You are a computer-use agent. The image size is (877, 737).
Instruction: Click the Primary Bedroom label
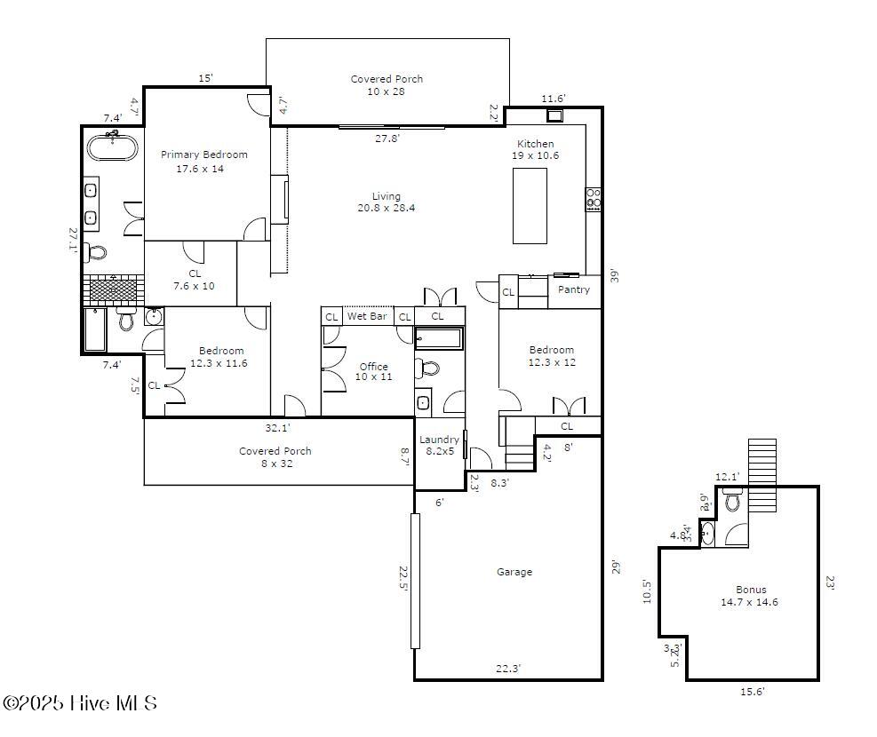coord(203,162)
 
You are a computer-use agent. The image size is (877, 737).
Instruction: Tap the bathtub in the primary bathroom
coord(111,147)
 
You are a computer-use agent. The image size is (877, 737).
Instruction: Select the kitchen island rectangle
coord(530,205)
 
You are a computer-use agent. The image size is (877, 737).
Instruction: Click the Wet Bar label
coord(367,316)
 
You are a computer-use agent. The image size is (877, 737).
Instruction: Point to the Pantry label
coord(574,289)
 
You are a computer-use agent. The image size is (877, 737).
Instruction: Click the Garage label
coord(514,572)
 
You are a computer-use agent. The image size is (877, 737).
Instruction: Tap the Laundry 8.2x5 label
coord(439,445)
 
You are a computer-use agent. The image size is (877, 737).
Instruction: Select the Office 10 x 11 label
coord(373,371)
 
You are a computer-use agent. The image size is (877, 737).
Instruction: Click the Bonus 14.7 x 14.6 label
coord(751,595)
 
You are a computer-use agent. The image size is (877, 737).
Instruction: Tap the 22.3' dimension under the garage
coord(508,669)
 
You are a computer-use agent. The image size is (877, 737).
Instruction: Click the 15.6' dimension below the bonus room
coord(752,692)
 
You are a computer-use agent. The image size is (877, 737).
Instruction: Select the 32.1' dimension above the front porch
coord(278,427)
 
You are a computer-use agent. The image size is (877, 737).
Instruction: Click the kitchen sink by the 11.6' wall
coord(555,115)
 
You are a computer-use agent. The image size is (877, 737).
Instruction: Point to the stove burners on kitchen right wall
coord(594,198)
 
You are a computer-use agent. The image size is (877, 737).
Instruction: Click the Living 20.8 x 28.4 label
coord(386,202)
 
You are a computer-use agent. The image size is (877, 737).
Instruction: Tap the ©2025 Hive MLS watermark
coord(80,703)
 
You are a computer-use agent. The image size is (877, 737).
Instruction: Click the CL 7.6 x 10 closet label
coord(195,280)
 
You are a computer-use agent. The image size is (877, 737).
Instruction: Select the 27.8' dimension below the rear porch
coord(387,138)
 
